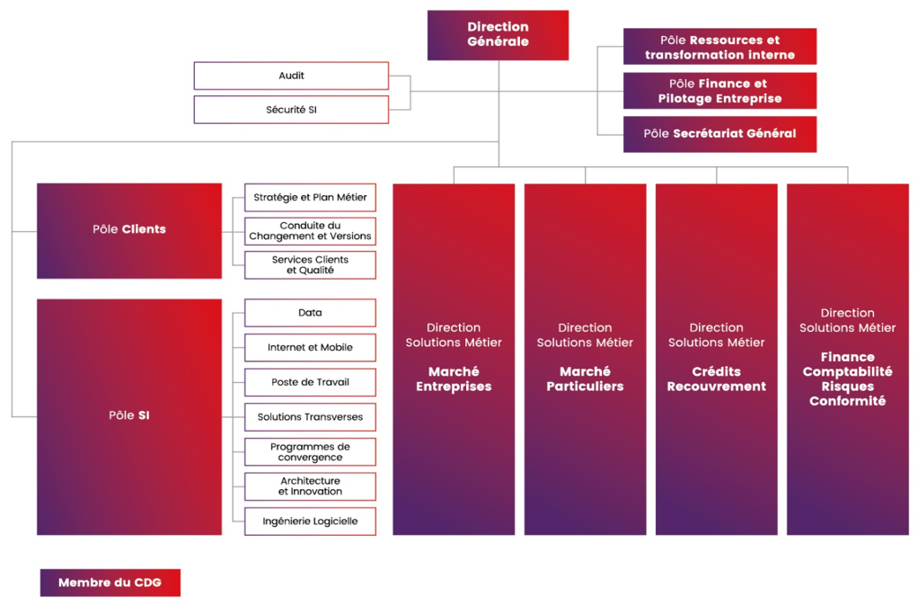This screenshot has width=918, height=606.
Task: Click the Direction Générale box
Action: tap(498, 35)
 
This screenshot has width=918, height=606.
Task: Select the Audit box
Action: tap(291, 76)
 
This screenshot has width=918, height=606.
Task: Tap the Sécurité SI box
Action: tap(291, 110)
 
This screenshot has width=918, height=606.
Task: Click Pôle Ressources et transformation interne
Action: tap(719, 47)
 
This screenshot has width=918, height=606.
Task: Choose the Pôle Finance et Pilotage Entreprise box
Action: tap(719, 91)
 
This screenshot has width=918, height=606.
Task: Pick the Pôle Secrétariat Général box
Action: tap(719, 134)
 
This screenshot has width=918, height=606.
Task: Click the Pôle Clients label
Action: tap(129, 229)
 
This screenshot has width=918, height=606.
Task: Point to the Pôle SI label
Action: tap(129, 416)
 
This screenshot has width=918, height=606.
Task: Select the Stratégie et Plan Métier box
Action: tap(310, 197)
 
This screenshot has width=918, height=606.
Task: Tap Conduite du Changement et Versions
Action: tap(310, 231)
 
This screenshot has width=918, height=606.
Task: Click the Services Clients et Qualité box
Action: tap(310, 264)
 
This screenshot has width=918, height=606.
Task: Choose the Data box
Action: tap(310, 313)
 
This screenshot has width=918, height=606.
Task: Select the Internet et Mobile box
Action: tap(310, 348)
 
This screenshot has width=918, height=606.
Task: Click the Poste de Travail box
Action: tap(310, 382)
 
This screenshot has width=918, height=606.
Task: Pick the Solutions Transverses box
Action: tap(310, 417)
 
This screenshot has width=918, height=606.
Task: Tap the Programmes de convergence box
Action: tap(310, 451)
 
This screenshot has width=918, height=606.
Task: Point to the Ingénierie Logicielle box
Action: tap(310, 521)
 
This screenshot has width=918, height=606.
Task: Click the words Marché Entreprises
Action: tap(454, 379)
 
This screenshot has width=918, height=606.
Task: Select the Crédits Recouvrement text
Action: tap(716, 379)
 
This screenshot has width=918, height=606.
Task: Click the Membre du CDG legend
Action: tap(110, 583)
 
